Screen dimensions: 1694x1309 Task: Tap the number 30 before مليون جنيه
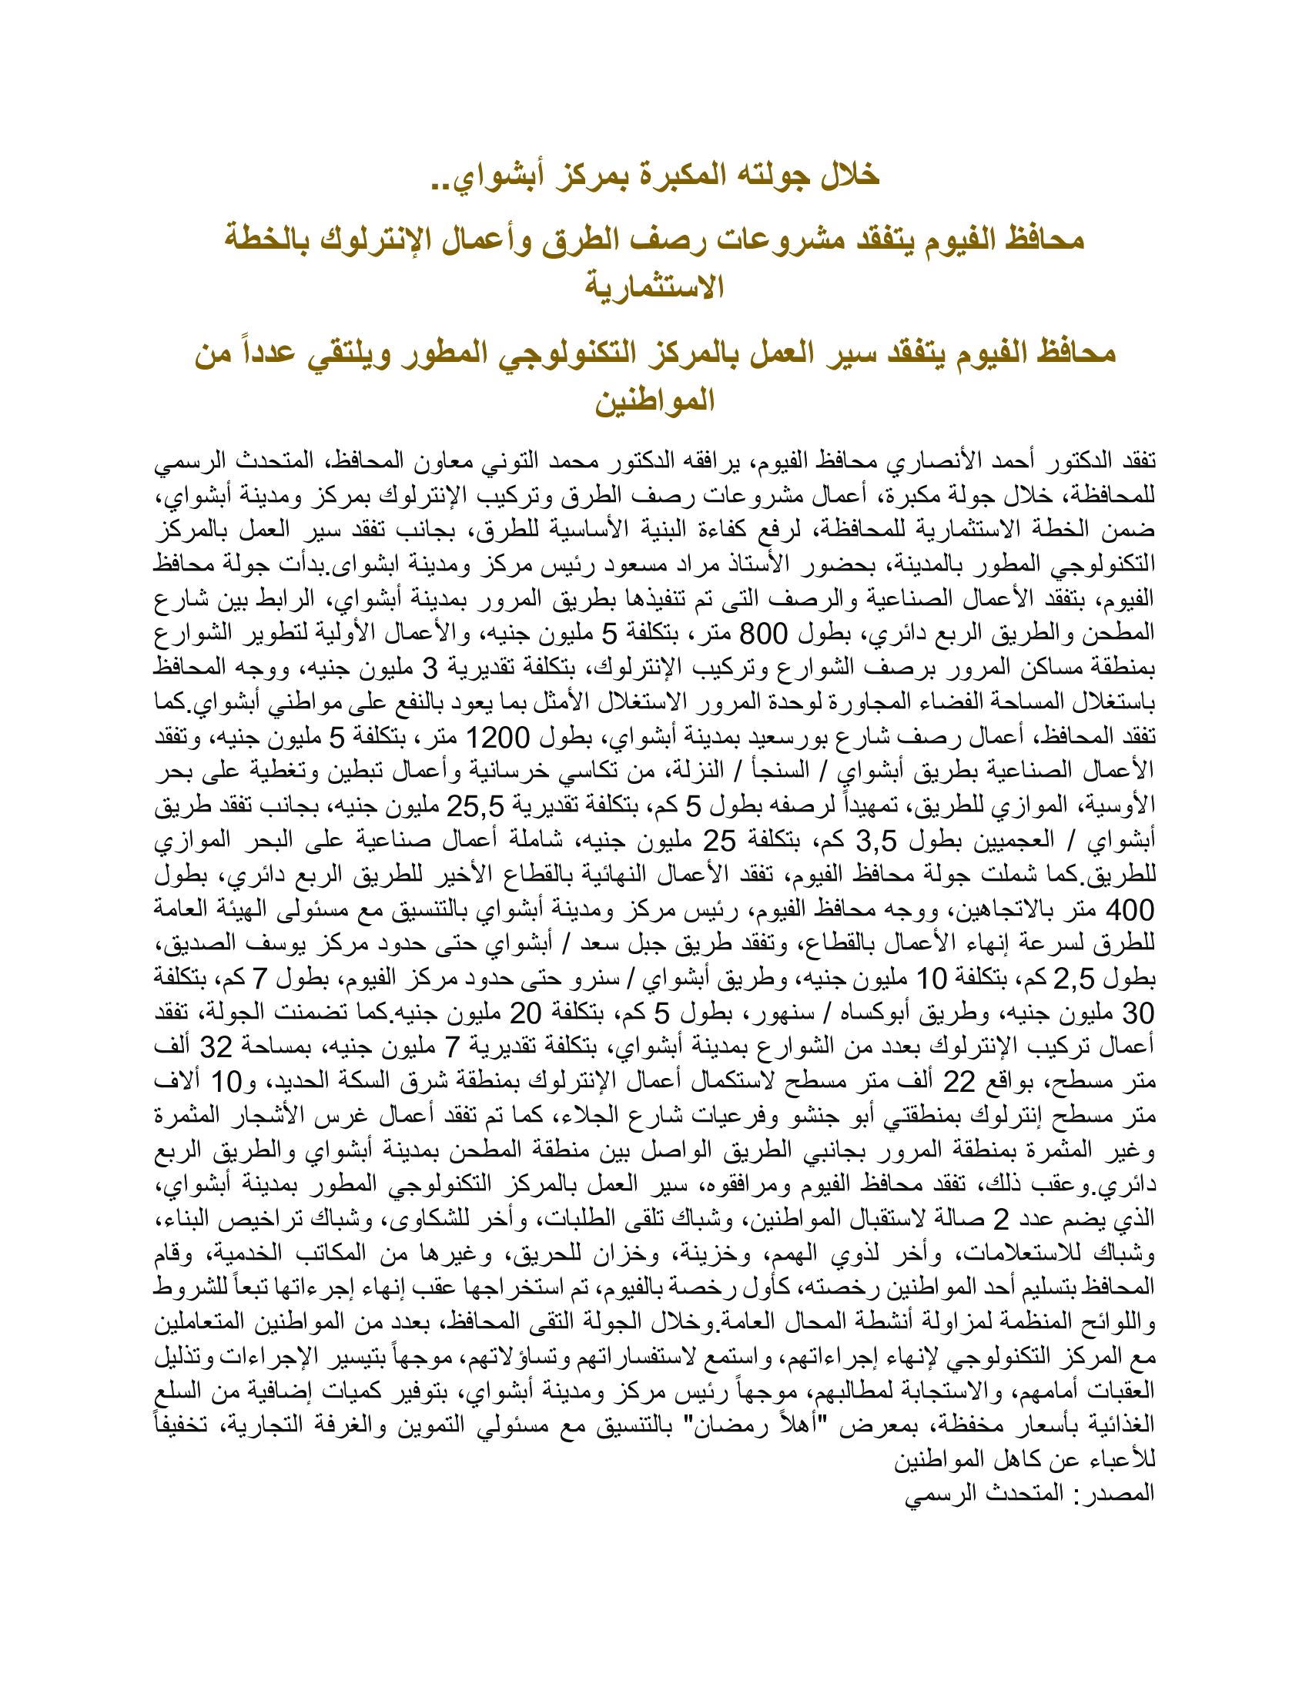coord(1137,1013)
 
